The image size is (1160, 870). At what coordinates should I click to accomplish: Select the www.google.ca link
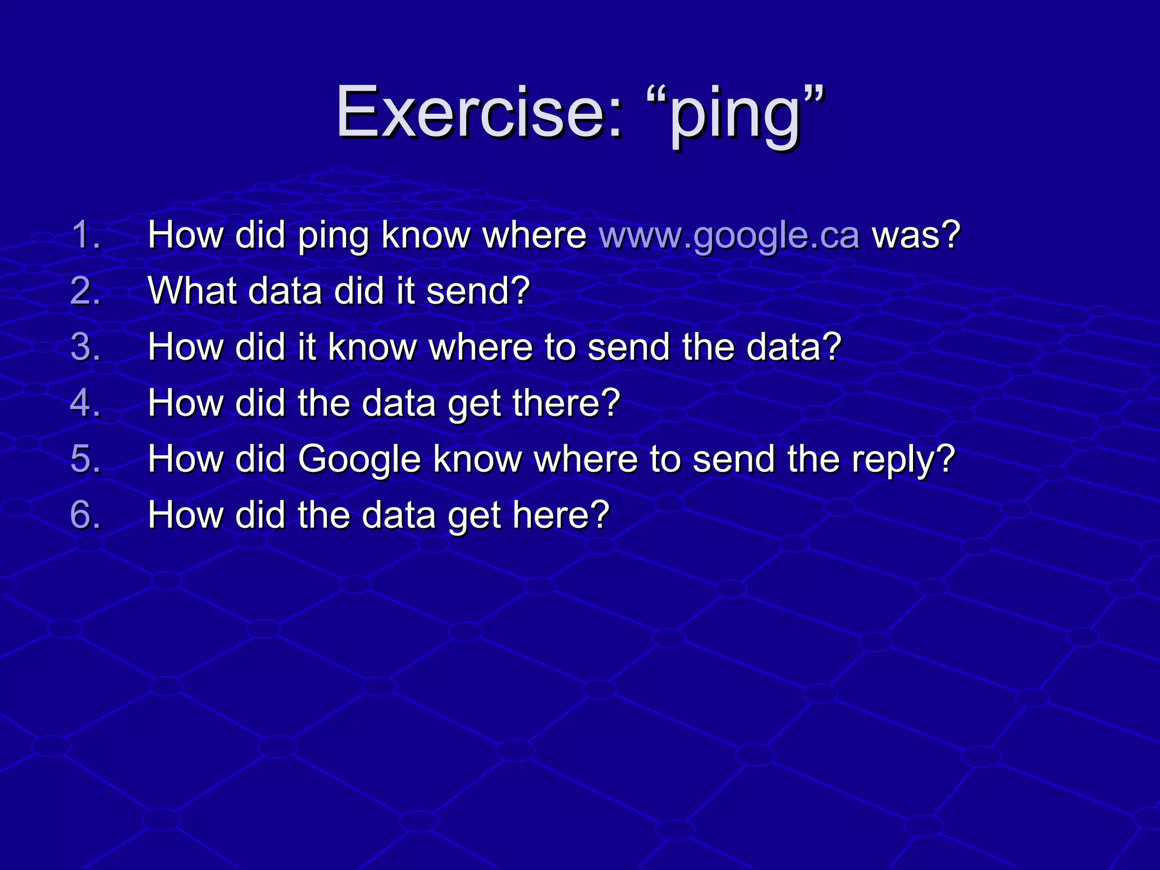[x=730, y=234]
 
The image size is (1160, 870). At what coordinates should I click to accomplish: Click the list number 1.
[x=86, y=234]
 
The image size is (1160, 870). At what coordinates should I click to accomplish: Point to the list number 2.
[x=86, y=291]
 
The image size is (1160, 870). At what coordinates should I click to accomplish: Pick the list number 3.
[x=86, y=347]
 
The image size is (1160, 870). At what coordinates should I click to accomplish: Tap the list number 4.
[x=86, y=403]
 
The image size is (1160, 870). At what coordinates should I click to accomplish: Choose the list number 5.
[x=86, y=459]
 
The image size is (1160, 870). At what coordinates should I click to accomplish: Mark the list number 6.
[x=86, y=515]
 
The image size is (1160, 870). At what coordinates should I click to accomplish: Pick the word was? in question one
[x=916, y=234]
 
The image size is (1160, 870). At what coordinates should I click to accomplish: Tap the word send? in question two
[x=478, y=291]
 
